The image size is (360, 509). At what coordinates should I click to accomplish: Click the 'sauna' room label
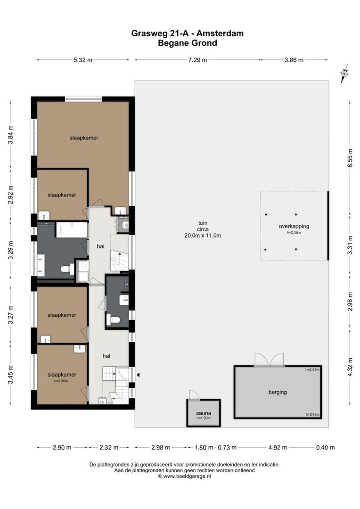point(204,413)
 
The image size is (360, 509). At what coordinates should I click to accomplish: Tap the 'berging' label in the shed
point(278,392)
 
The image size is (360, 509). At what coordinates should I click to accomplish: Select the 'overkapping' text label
point(294,226)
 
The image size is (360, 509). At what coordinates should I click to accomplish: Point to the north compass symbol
point(344,74)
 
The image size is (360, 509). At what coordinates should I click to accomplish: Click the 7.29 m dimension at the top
point(198,60)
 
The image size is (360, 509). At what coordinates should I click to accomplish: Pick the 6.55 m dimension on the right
point(350,158)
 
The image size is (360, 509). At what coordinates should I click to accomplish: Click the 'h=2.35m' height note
point(61,381)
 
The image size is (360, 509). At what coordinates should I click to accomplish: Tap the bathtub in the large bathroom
point(72,230)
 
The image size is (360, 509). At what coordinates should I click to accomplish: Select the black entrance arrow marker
point(138,375)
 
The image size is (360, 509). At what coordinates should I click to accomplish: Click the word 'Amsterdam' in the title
point(220,33)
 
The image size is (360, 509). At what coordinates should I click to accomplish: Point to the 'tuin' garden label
point(203,223)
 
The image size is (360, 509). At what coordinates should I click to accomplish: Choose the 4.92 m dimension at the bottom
point(278,447)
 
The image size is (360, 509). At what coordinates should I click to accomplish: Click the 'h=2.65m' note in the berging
point(312,369)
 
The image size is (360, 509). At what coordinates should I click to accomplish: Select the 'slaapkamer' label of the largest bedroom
point(84,138)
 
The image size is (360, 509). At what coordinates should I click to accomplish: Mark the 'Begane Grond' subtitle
point(188,43)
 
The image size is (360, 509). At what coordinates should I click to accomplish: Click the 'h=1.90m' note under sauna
point(204,418)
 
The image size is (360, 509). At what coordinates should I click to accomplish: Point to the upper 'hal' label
point(101,246)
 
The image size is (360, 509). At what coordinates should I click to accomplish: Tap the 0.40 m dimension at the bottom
point(325,447)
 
